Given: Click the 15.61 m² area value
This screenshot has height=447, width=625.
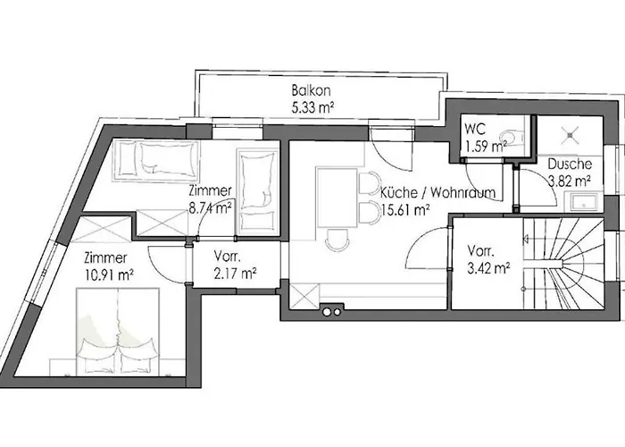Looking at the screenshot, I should tap(406, 212).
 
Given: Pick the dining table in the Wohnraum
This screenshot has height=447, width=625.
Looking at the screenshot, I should tap(337, 198).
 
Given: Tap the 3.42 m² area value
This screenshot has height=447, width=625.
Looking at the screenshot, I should tap(488, 266).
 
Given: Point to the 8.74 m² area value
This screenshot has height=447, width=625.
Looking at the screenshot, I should tap(211, 209).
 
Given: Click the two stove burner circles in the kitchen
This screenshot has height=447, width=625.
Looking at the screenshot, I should tap(333, 312).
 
